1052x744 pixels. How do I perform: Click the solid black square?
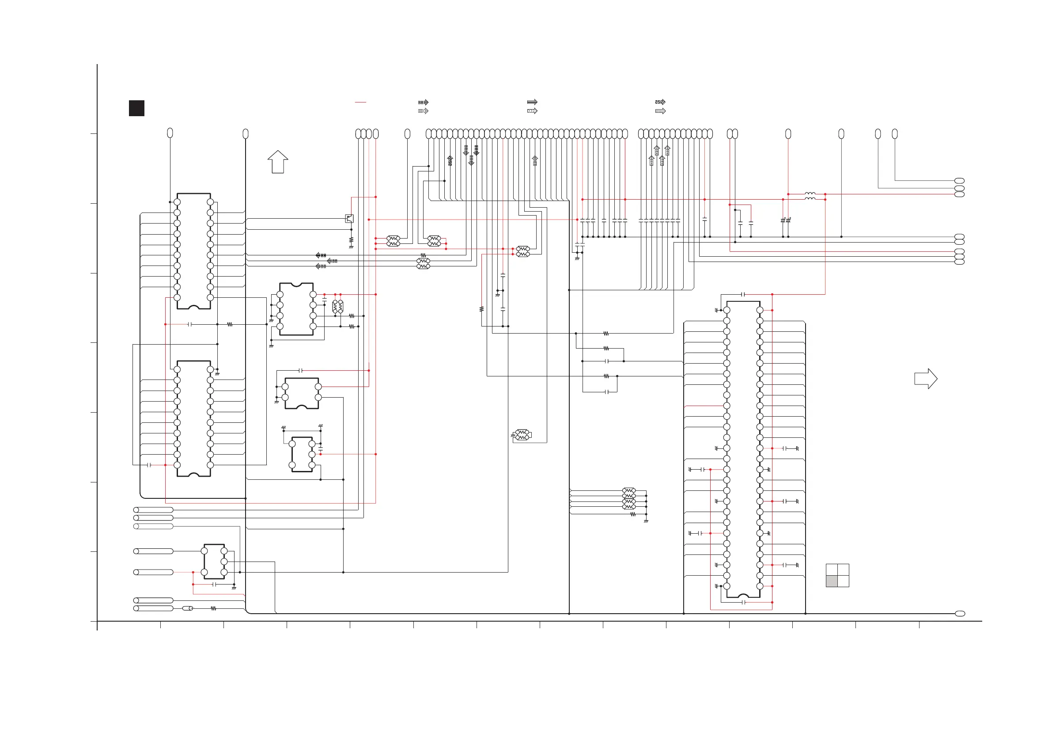(136, 108)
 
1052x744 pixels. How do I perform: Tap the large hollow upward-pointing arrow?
(278, 162)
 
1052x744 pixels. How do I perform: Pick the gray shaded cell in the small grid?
(832, 581)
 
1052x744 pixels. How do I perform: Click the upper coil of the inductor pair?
(810, 194)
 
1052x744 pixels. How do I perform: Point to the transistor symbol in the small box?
(349, 219)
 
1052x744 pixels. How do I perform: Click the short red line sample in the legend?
(360, 102)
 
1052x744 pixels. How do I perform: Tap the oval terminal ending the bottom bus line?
(960, 613)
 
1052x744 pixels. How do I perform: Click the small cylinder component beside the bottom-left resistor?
(187, 608)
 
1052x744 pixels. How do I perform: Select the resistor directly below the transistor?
(351, 240)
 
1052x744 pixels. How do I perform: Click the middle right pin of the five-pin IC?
(224, 562)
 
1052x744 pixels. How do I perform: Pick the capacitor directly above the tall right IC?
(743, 294)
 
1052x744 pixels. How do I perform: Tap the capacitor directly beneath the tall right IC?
(743, 602)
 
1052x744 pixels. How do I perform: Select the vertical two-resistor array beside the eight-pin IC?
(338, 306)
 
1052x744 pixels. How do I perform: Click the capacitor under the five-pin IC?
(214, 585)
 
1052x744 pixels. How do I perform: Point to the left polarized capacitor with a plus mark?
(783, 220)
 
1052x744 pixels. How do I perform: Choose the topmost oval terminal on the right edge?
(959, 181)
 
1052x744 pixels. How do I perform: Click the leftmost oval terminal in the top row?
(170, 133)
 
